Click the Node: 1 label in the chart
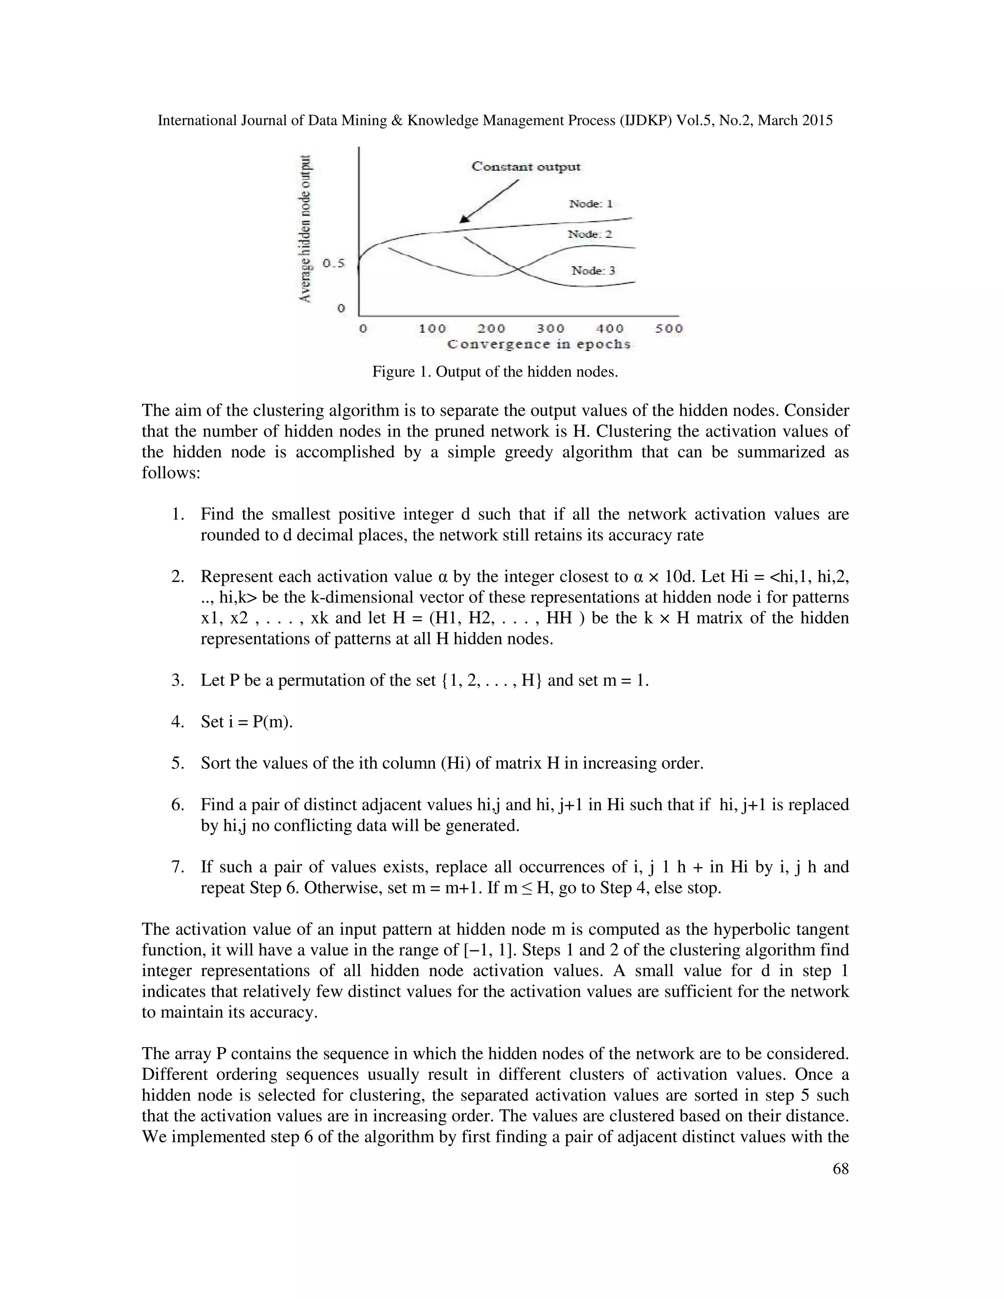(591, 204)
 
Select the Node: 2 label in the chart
(589, 234)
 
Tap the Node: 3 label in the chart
(593, 271)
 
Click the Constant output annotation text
(526, 167)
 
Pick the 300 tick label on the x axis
(550, 329)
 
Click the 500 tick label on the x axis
(669, 329)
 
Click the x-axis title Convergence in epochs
(539, 345)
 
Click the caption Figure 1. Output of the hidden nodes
(495, 373)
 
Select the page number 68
(840, 1169)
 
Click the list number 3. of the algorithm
(178, 680)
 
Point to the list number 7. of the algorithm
(178, 867)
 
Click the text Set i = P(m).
(247, 722)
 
